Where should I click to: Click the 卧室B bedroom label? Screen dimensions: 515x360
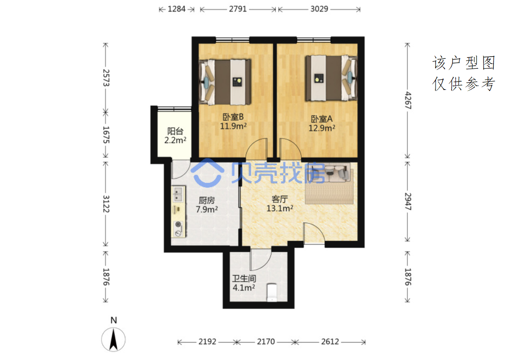[233, 117]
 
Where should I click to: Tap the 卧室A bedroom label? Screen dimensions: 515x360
[321, 119]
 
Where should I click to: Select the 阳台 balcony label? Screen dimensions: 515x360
[175, 131]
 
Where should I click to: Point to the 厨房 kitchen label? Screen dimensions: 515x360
[207, 200]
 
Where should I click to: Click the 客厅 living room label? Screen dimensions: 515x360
[280, 199]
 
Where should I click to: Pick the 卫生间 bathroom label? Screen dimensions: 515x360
[244, 279]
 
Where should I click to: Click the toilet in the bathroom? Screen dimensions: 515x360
[272, 292]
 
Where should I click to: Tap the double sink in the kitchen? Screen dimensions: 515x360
[178, 194]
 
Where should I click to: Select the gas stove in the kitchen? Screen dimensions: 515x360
[178, 229]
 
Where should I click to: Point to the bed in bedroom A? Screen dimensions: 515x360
[331, 78]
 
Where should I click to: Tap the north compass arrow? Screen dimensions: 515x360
[113, 339]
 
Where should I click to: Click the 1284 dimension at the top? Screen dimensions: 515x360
[177, 9]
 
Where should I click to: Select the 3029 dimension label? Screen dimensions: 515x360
[319, 9]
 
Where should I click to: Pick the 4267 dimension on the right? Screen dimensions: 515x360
[407, 101]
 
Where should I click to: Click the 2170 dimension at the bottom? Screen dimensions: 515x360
[266, 342]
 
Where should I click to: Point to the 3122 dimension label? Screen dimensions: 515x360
[106, 204]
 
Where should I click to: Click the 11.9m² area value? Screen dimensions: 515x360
[233, 126]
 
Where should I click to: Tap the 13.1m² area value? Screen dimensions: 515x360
[280, 208]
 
